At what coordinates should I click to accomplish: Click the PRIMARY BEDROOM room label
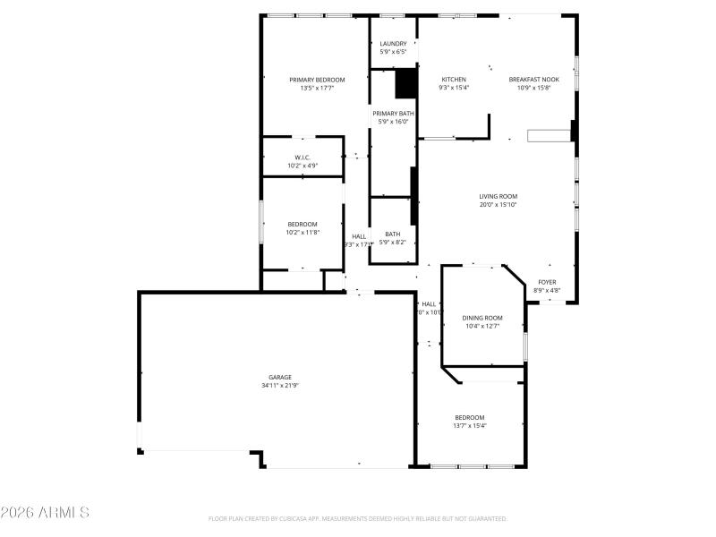pyautogui.click(x=317, y=80)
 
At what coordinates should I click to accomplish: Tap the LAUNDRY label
pyautogui.click(x=393, y=44)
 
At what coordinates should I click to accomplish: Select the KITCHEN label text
pyautogui.click(x=454, y=80)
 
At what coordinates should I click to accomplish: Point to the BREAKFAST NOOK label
pyautogui.click(x=534, y=80)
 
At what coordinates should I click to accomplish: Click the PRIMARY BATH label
pyautogui.click(x=393, y=114)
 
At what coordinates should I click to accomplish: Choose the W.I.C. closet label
pyautogui.click(x=303, y=158)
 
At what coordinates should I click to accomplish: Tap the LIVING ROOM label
pyautogui.click(x=498, y=197)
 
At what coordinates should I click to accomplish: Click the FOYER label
pyautogui.click(x=547, y=282)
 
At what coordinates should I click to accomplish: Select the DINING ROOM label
pyautogui.click(x=482, y=318)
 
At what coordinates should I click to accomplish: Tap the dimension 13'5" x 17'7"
pyautogui.click(x=317, y=88)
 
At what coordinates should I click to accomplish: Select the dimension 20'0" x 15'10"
pyautogui.click(x=498, y=205)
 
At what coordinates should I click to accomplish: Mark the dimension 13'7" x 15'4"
pyautogui.click(x=469, y=426)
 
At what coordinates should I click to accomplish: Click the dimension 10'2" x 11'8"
pyautogui.click(x=303, y=232)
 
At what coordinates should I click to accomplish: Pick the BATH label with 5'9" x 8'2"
pyautogui.click(x=393, y=234)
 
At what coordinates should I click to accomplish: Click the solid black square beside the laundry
pyautogui.click(x=406, y=83)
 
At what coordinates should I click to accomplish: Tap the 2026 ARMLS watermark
pyautogui.click(x=45, y=514)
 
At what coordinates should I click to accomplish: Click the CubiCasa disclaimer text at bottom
pyautogui.click(x=358, y=518)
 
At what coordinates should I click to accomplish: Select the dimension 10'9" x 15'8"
pyautogui.click(x=534, y=88)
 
